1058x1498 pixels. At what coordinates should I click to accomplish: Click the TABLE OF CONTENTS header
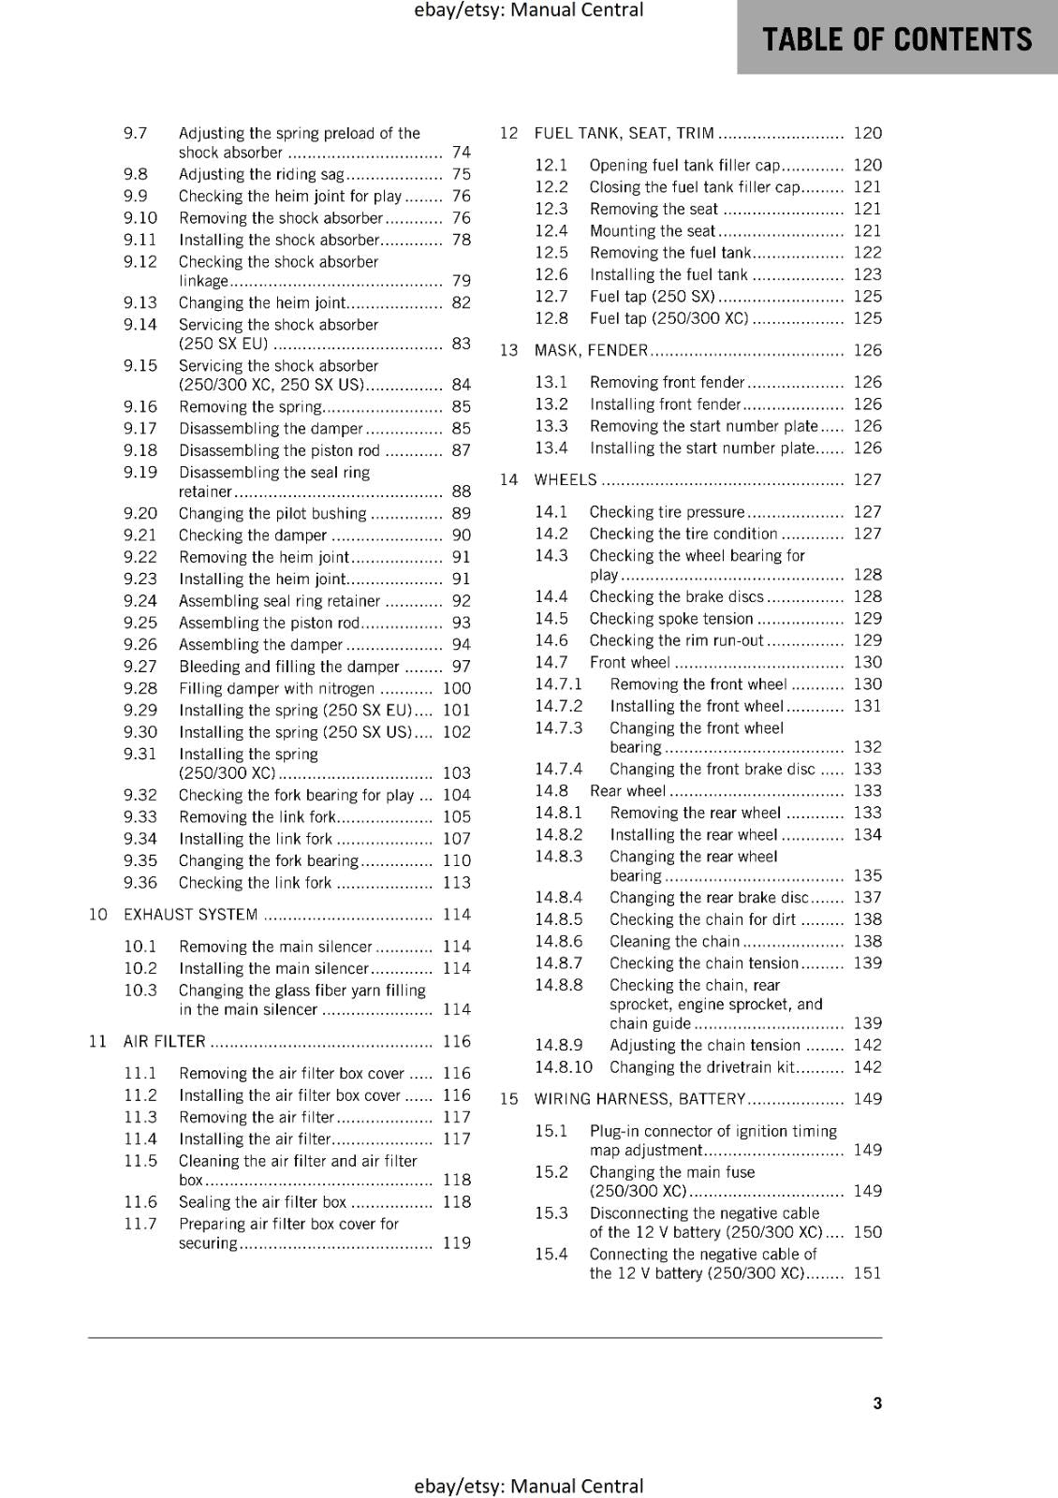click(897, 39)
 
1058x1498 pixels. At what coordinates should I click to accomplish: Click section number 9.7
click(136, 133)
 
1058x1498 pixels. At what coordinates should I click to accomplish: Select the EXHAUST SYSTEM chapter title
click(191, 915)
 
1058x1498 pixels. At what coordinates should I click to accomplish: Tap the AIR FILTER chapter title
click(165, 1041)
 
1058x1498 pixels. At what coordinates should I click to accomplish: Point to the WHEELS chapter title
click(566, 479)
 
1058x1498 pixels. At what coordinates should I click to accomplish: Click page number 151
click(867, 1273)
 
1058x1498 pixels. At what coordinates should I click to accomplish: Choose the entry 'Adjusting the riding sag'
click(262, 174)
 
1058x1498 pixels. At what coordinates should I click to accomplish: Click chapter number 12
click(508, 133)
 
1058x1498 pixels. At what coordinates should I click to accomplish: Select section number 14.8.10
click(564, 1067)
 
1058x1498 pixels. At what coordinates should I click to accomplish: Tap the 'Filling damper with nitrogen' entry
click(276, 688)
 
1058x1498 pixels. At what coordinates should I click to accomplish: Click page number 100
click(457, 688)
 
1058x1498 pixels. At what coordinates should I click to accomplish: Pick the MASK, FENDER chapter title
click(591, 350)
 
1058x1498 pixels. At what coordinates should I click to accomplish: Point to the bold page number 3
click(877, 1403)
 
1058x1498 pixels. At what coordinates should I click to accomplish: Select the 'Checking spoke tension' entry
click(671, 619)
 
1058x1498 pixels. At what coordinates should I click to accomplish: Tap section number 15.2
click(551, 1172)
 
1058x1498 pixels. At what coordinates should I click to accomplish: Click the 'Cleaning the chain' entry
click(674, 942)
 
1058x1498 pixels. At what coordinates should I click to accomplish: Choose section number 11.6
click(140, 1202)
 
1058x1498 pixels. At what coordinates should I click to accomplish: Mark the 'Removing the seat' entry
click(654, 209)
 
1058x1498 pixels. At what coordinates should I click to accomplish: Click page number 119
click(457, 1243)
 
